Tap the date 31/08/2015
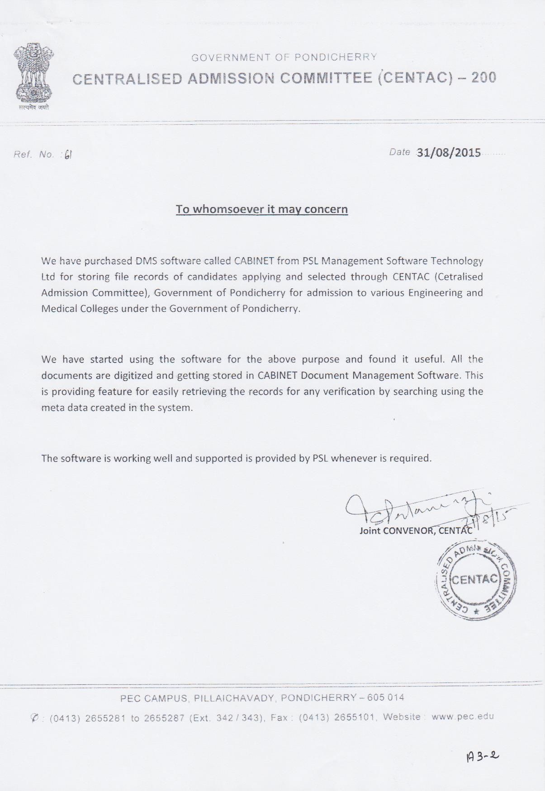(448, 152)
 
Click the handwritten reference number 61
(68, 155)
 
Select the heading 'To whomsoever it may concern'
(261, 209)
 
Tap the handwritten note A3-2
(482, 756)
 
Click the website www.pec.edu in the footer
(462, 716)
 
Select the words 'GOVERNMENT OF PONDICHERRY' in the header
(284, 57)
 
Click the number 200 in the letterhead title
(483, 78)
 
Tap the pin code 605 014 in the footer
(385, 697)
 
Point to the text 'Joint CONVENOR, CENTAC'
(416, 531)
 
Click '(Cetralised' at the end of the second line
(458, 277)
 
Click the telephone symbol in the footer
(34, 717)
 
